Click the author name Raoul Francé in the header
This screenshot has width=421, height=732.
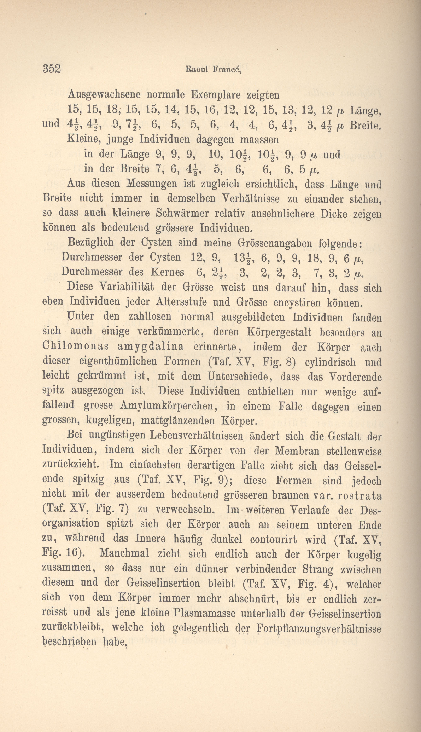[x=213, y=69]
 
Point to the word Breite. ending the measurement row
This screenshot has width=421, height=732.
[x=365, y=125]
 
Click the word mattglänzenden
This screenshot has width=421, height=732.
[x=177, y=421]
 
